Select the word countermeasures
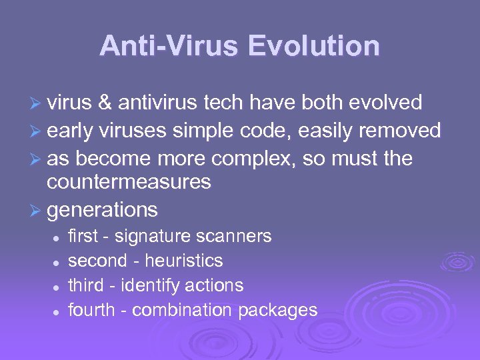pos(129,182)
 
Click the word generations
pos(103,211)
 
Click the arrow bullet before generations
pos(38,211)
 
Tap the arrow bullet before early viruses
pos(38,131)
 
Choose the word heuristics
pos(185,261)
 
